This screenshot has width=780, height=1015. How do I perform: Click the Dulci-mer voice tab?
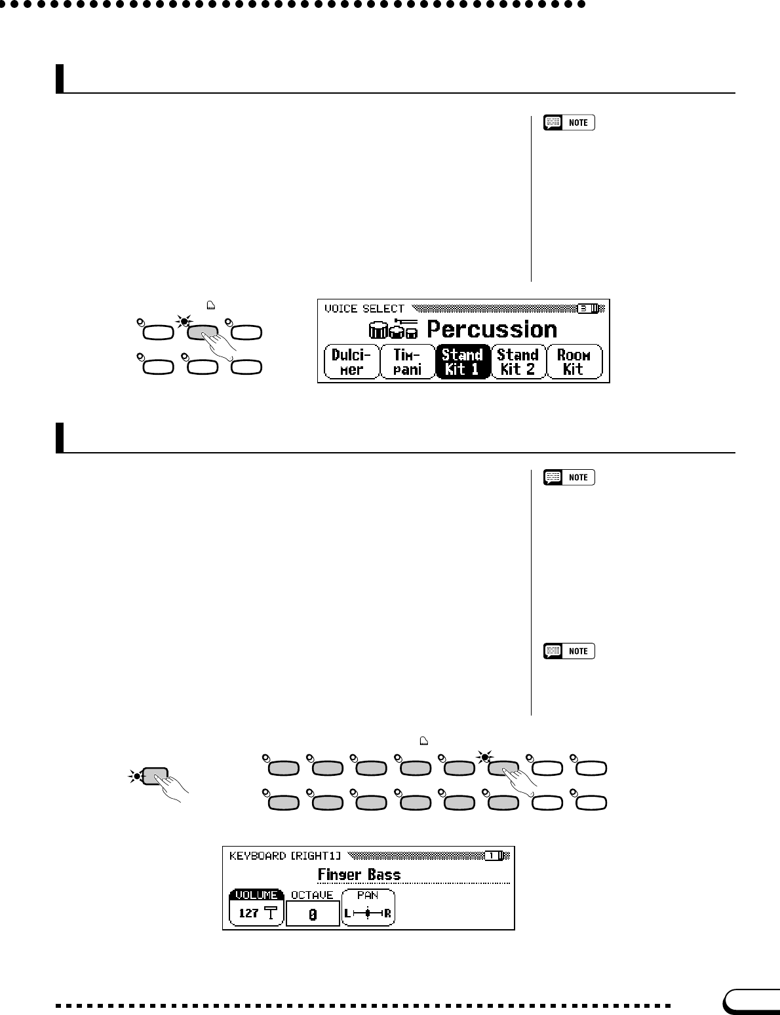pyautogui.click(x=352, y=362)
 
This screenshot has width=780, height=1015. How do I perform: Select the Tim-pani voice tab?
pyautogui.click(x=407, y=362)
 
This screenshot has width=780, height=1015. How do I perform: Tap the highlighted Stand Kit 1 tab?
pyautogui.click(x=462, y=362)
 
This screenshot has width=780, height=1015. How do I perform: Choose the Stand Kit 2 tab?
pyautogui.click(x=517, y=362)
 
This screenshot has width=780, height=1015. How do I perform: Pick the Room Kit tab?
pyautogui.click(x=574, y=362)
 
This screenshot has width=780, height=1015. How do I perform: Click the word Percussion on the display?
pyautogui.click(x=492, y=330)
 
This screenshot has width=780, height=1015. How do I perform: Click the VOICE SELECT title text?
pyautogui.click(x=364, y=309)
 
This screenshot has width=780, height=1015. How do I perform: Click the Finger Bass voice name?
pyautogui.click(x=359, y=874)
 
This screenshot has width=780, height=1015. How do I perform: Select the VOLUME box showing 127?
pyautogui.click(x=256, y=908)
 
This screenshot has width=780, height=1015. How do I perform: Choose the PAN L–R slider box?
pyautogui.click(x=368, y=908)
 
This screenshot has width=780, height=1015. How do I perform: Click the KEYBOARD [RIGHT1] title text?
pyautogui.click(x=285, y=856)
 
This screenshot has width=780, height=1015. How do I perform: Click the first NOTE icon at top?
pyautogui.click(x=570, y=123)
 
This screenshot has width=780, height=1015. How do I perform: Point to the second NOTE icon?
pyautogui.click(x=570, y=478)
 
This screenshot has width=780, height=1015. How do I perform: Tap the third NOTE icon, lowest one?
pyautogui.click(x=570, y=651)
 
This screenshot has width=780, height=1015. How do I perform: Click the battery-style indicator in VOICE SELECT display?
pyautogui.click(x=588, y=308)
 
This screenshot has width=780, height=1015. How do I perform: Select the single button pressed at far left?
pyautogui.click(x=155, y=776)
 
